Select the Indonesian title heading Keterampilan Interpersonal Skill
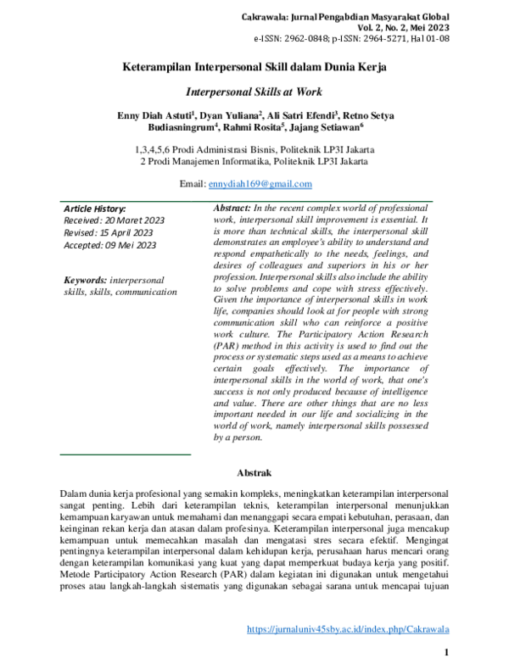[255, 66]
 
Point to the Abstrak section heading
[254, 472]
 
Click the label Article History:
[95, 208]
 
